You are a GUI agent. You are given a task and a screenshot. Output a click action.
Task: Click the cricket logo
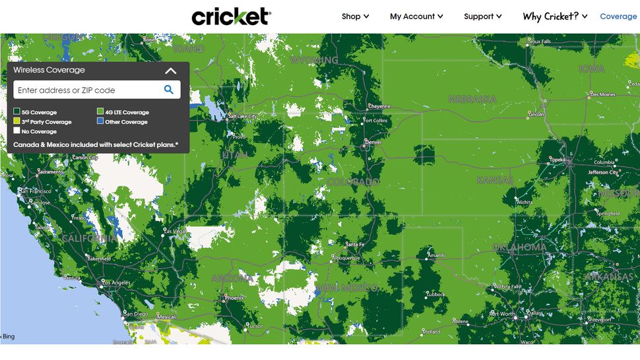[x=231, y=16]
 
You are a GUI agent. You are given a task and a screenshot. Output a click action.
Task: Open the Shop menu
[x=355, y=16]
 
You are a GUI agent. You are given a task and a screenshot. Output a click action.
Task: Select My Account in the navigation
[x=416, y=16]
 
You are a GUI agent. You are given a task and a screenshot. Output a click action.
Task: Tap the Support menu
[x=482, y=16]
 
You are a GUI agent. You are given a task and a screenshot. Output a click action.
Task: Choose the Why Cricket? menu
[x=555, y=16]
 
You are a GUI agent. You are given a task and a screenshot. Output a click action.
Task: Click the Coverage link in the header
[x=618, y=16]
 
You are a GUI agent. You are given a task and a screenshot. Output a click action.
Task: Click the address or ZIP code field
[x=86, y=90]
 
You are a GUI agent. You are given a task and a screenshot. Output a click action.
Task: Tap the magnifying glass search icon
[x=169, y=90]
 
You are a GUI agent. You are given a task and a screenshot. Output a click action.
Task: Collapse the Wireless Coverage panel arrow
[x=171, y=71]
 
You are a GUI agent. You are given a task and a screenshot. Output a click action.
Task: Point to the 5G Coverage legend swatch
[x=17, y=112]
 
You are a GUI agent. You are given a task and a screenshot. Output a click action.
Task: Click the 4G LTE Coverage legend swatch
[x=100, y=112]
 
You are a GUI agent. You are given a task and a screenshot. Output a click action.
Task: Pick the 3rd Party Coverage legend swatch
[x=17, y=121]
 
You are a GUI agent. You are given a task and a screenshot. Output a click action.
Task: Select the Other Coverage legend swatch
[x=100, y=121]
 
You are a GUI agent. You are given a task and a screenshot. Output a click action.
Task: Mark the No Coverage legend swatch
[x=17, y=131]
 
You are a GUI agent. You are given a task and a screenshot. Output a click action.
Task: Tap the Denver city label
[x=373, y=142]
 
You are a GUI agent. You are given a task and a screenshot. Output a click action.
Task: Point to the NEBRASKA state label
[x=472, y=100]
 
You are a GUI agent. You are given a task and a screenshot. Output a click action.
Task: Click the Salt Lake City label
[x=243, y=117]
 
